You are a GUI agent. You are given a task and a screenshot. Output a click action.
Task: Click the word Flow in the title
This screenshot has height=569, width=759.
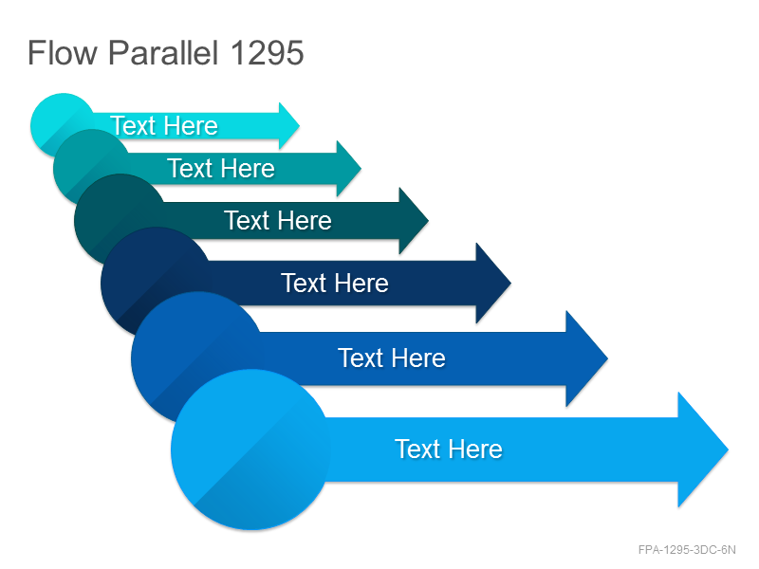click(x=63, y=52)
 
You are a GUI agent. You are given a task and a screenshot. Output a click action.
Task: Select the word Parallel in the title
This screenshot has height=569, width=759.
click(x=163, y=52)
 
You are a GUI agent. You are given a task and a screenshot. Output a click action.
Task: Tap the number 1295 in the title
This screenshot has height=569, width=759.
click(x=268, y=52)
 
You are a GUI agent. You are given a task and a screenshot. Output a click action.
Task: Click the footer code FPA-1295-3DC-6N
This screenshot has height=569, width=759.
click(x=687, y=550)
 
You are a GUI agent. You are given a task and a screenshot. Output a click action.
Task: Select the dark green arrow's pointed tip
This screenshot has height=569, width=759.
click(x=429, y=221)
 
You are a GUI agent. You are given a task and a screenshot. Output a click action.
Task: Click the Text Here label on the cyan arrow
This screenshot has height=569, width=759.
click(x=164, y=126)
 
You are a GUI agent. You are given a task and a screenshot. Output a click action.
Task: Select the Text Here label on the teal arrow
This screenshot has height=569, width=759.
click(x=221, y=169)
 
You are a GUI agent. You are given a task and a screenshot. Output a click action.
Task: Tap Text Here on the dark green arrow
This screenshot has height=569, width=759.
click(x=278, y=221)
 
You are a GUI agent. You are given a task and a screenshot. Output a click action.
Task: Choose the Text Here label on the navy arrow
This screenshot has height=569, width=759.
click(x=335, y=283)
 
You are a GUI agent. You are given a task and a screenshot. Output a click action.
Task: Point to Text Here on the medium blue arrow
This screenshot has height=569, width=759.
click(x=392, y=358)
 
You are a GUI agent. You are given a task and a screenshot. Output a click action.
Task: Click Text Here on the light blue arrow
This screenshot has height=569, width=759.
click(x=449, y=449)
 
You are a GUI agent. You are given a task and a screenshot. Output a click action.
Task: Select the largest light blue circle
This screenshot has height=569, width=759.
click(x=250, y=450)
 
